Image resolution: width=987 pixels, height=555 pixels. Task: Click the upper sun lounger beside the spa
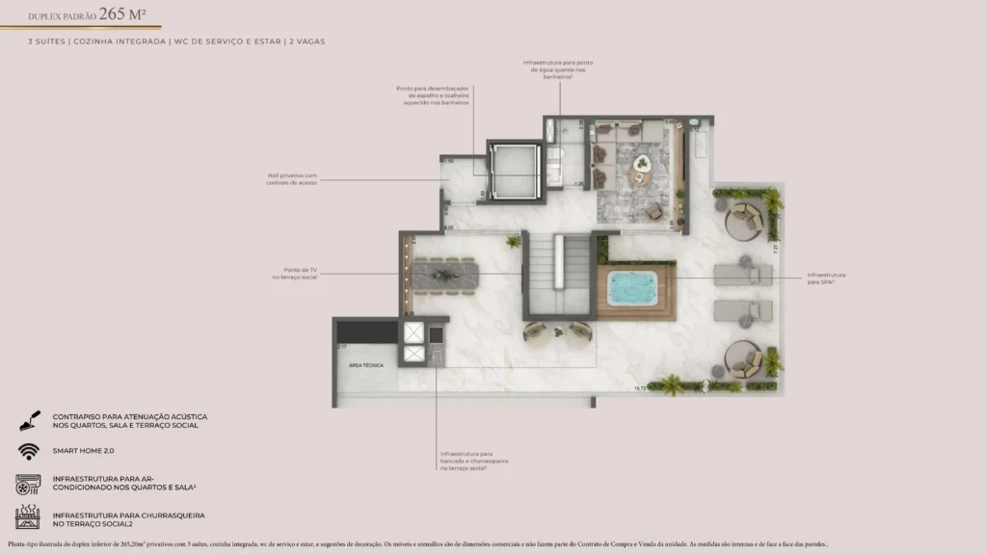pos(743,275)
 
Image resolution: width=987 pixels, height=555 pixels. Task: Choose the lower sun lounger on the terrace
pos(743,310)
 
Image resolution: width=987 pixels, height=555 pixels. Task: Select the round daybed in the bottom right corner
pos(744,360)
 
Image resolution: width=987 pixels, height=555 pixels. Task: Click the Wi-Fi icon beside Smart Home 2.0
pos(27,451)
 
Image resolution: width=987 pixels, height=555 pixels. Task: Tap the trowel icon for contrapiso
pos(27,421)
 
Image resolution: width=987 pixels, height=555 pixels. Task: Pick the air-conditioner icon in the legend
pos(27,484)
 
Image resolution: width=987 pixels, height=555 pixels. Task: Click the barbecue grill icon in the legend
pos(27,519)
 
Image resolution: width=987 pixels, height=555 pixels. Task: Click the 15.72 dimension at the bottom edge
pos(639,388)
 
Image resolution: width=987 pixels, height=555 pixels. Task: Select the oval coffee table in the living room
pos(641,176)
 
